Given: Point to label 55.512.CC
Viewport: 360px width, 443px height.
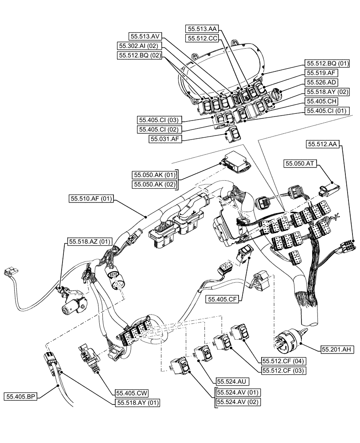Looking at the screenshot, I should tap(202, 39).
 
